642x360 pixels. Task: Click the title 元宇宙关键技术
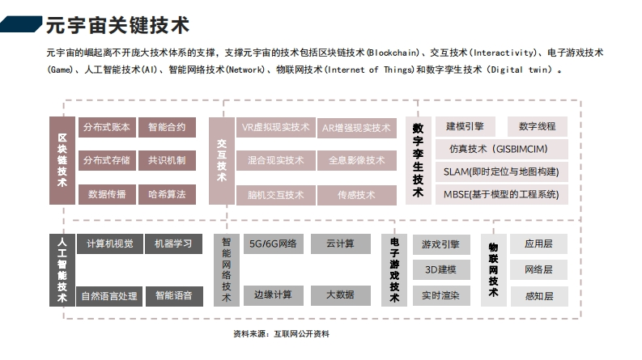(117, 25)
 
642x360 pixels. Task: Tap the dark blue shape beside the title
(21, 24)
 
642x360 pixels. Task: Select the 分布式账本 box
(107, 127)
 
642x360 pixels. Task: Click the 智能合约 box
(167, 127)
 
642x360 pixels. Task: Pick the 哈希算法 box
(167, 194)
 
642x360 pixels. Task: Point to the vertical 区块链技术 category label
(62, 160)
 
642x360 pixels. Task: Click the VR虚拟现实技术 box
(275, 127)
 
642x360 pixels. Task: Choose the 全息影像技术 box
(356, 160)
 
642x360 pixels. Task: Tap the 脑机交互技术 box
(275, 195)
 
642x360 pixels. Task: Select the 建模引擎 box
(466, 126)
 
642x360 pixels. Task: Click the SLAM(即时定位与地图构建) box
(502, 172)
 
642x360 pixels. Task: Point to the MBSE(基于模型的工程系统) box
(502, 194)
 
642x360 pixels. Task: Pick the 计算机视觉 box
(110, 244)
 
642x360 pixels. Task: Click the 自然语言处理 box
(109, 296)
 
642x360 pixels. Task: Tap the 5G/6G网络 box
(273, 244)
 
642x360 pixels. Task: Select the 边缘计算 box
(273, 295)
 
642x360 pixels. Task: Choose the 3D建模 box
(441, 270)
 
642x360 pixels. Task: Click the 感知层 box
(539, 296)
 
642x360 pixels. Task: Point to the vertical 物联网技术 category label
(493, 270)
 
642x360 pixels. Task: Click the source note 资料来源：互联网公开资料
(281, 334)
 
